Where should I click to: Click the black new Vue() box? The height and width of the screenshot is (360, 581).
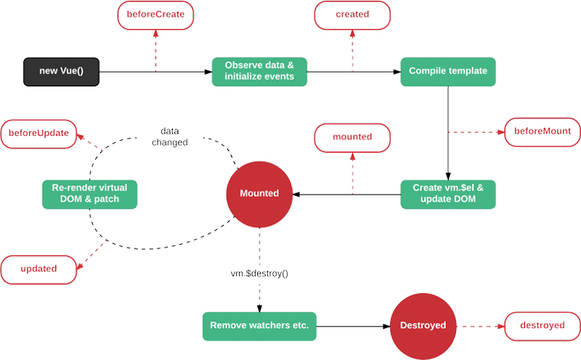coord(60,72)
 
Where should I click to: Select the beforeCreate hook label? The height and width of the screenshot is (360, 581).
coord(155,15)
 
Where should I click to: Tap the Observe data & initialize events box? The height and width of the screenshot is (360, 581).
coord(259,72)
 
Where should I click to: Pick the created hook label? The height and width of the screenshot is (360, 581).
coord(352,15)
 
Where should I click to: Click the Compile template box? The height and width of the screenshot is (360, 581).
coord(448,72)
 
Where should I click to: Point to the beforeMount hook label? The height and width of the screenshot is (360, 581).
coord(542,131)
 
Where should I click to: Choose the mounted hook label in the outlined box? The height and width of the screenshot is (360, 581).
coord(352,137)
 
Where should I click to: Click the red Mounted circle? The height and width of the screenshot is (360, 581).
coord(259,194)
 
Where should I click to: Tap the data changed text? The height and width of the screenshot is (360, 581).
coord(169,137)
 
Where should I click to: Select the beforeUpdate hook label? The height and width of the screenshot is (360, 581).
coord(39,133)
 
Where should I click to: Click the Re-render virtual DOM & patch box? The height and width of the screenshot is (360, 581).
coord(89,194)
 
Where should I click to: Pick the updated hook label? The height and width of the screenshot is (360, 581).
coord(39,269)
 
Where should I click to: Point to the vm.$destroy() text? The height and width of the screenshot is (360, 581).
coord(259,274)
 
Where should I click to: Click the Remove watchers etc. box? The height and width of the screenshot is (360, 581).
coord(259,326)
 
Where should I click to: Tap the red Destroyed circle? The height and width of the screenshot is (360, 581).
coord(425,326)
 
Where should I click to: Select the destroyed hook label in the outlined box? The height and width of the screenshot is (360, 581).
coord(542,326)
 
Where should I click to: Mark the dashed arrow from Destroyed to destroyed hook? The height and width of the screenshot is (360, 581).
coord(481,326)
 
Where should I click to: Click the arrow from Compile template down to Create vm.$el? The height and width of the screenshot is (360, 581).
coord(448,131)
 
